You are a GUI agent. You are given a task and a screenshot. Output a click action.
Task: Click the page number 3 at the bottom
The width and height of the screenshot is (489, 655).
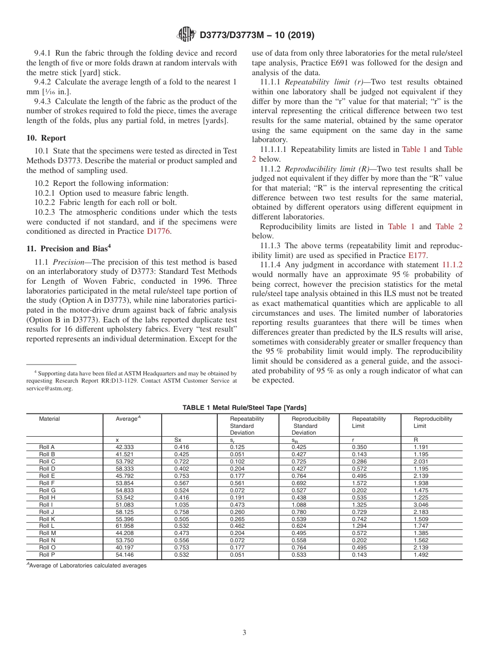click(x=244, y=633)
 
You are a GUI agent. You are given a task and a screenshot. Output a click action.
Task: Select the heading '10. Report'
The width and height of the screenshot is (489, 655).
click(x=46, y=138)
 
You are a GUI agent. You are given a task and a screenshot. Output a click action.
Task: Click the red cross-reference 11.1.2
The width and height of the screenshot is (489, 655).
click(x=452, y=264)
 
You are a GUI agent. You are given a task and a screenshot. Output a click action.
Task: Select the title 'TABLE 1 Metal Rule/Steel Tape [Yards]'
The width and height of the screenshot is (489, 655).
click(x=244, y=407)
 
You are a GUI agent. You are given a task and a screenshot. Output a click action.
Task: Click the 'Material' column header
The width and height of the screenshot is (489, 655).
click(x=49, y=419)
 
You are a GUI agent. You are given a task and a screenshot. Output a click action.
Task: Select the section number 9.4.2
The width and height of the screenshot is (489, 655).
click(x=43, y=82)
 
